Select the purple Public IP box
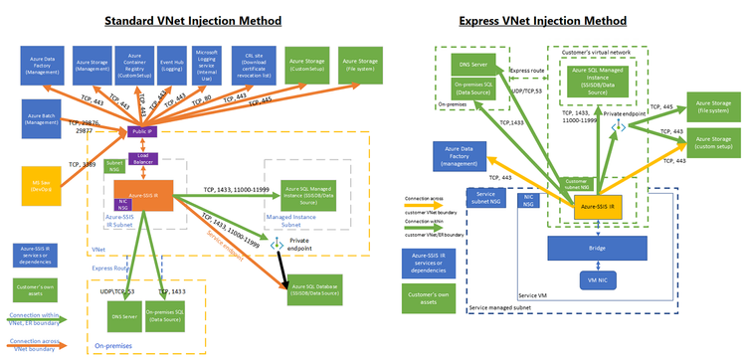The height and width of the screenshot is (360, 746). (138, 131)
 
